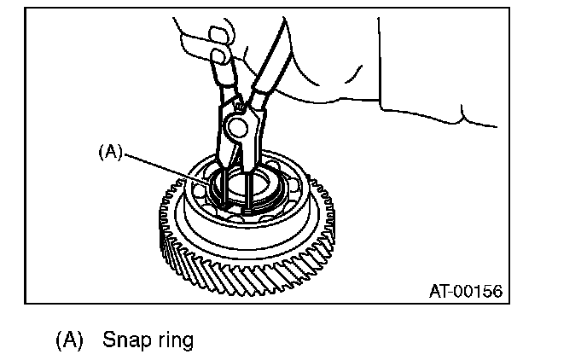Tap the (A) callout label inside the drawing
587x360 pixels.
pyautogui.click(x=111, y=151)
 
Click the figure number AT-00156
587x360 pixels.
pyautogui.click(x=464, y=291)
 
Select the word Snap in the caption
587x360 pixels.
pyautogui.click(x=125, y=340)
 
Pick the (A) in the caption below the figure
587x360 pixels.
pyautogui.click(x=69, y=340)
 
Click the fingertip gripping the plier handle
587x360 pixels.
pyautogui.click(x=219, y=58)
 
